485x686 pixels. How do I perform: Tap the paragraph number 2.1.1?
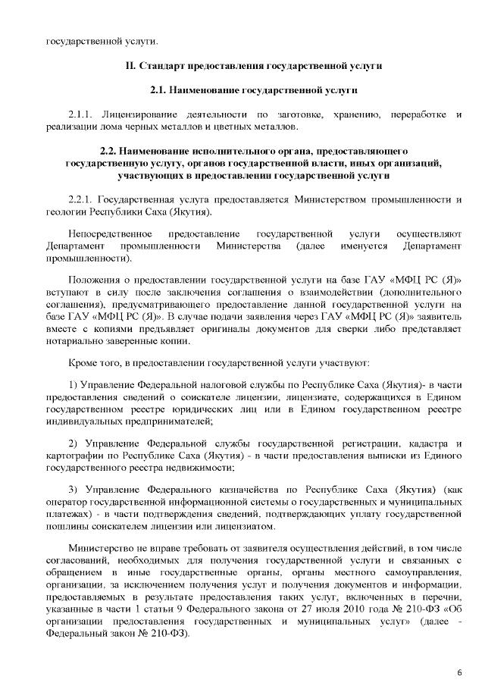point(81,114)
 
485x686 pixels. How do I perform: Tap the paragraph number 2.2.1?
point(81,199)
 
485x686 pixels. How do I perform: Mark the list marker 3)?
point(74,490)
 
